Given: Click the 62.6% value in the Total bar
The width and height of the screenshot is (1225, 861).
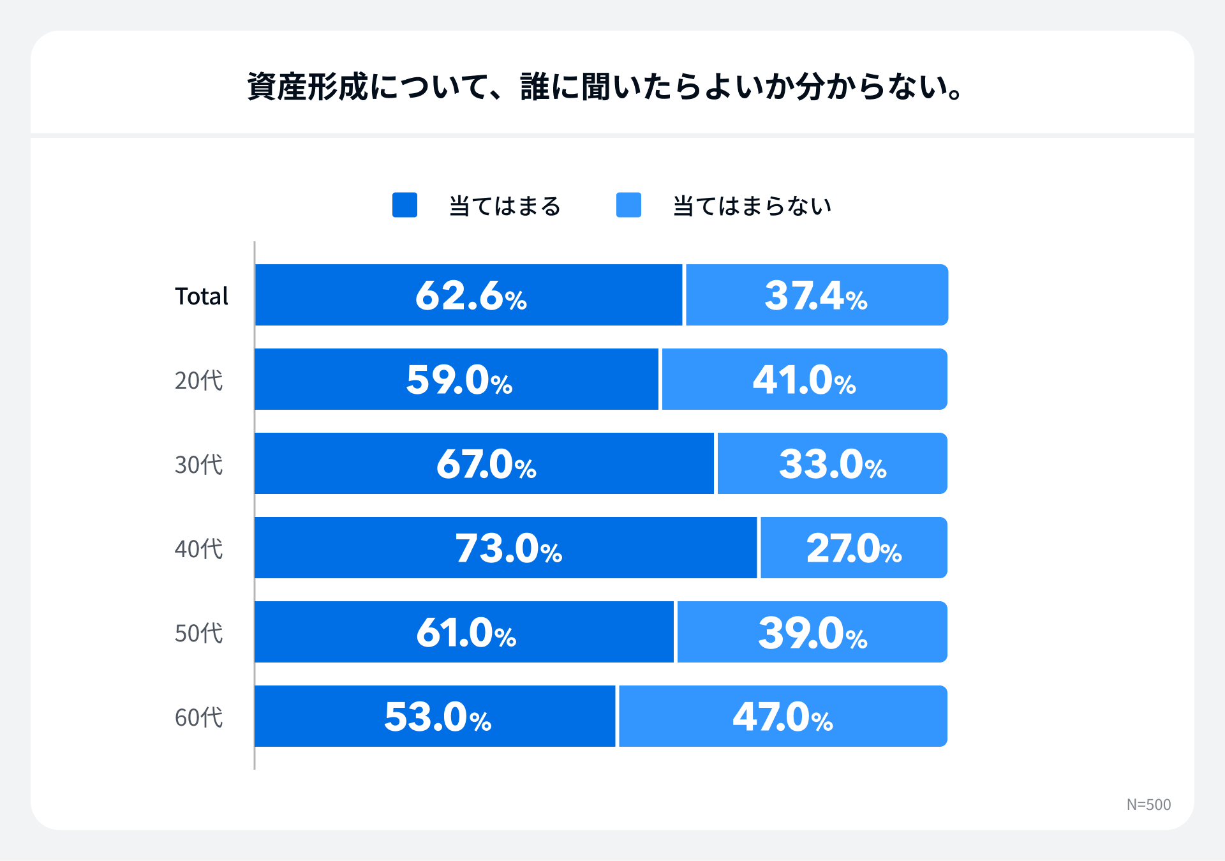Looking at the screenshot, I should click(x=471, y=296).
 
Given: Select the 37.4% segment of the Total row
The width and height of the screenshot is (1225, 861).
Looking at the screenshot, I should click(x=815, y=296).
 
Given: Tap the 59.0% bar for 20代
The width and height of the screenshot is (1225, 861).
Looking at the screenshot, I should click(x=459, y=380).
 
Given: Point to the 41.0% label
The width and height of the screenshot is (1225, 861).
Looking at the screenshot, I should click(x=804, y=380).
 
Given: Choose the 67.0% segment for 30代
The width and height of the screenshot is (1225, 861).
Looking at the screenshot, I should click(x=486, y=464).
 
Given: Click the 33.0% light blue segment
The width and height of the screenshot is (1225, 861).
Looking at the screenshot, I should click(x=832, y=464).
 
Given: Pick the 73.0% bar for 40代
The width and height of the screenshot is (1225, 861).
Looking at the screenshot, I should click(x=508, y=548).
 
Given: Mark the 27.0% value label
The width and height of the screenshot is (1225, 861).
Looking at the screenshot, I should click(x=854, y=548).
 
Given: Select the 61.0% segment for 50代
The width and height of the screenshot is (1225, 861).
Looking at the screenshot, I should click(x=466, y=633).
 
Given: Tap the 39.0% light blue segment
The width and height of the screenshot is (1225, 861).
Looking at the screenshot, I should click(x=812, y=633).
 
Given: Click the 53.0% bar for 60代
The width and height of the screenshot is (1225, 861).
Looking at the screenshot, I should click(x=437, y=717).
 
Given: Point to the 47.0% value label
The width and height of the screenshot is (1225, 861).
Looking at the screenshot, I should click(x=782, y=717).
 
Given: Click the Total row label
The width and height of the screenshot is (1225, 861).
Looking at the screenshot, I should click(x=201, y=296).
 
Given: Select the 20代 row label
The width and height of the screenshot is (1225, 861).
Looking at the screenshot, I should click(x=198, y=380).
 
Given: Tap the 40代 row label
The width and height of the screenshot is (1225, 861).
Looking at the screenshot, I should click(x=198, y=549).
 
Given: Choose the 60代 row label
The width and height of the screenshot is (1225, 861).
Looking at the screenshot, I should click(x=198, y=717).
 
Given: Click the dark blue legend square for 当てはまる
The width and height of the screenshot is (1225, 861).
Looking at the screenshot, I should click(x=405, y=205).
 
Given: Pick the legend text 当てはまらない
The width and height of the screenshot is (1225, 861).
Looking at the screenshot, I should click(x=752, y=206).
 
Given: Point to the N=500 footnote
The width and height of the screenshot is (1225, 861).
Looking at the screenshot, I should click(x=1148, y=804).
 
